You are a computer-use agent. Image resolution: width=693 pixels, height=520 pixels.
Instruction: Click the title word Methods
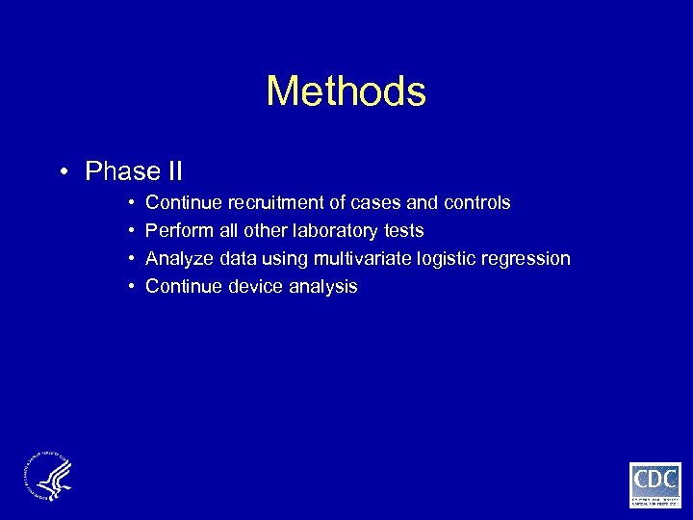pyautogui.click(x=346, y=91)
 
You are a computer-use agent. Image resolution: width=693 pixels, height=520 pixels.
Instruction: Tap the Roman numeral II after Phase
pyautogui.click(x=172, y=171)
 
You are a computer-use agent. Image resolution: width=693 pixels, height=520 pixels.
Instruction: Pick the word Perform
pyautogui.click(x=180, y=231)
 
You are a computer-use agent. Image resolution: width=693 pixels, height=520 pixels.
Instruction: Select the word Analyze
pyautogui.click(x=180, y=259)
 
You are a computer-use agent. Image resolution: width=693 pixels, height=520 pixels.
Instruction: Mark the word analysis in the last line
pyautogui.click(x=322, y=286)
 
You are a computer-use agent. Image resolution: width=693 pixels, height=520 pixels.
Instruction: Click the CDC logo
pyautogui.click(x=654, y=483)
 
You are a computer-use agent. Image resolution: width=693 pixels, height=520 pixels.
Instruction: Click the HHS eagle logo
pyautogui.click(x=47, y=476)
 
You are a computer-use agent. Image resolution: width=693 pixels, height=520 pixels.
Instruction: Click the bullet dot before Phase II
pyautogui.click(x=62, y=172)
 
